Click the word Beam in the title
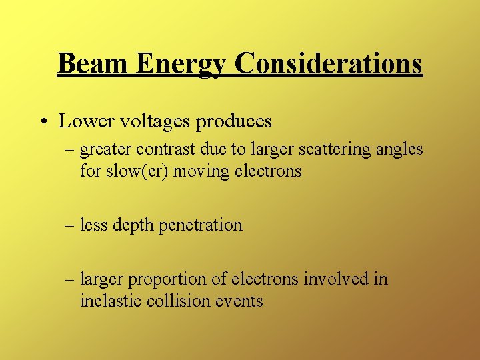[x=93, y=63]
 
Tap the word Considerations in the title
[x=329, y=63]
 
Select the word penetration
[x=201, y=225]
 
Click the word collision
[x=175, y=301]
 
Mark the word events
[x=240, y=301]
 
